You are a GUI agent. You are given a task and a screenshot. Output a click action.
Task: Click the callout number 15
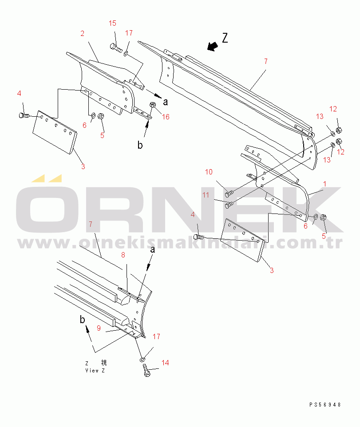click(x=113, y=23)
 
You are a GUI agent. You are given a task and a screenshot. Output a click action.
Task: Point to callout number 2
click(x=83, y=33)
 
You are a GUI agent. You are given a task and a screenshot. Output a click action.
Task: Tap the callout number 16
click(x=166, y=117)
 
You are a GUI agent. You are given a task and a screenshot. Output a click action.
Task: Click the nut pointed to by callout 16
click(x=152, y=105)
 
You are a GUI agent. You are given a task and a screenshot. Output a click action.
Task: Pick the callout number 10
click(x=209, y=172)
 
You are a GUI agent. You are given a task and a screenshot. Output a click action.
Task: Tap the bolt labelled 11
click(x=229, y=205)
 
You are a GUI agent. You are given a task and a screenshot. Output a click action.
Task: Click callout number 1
click(x=325, y=183)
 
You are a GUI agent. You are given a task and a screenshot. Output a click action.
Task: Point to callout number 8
click(x=123, y=255)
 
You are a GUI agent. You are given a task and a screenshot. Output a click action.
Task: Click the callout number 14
click(x=165, y=363)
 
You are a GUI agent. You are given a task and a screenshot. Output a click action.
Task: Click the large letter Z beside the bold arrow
click(x=225, y=39)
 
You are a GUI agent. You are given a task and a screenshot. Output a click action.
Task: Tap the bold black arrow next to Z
click(x=212, y=46)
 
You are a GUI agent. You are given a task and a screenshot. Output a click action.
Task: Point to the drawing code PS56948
click(x=325, y=404)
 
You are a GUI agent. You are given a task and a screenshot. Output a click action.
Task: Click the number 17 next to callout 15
click(x=129, y=33)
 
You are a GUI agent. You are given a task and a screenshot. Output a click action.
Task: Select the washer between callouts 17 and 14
click(x=142, y=358)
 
